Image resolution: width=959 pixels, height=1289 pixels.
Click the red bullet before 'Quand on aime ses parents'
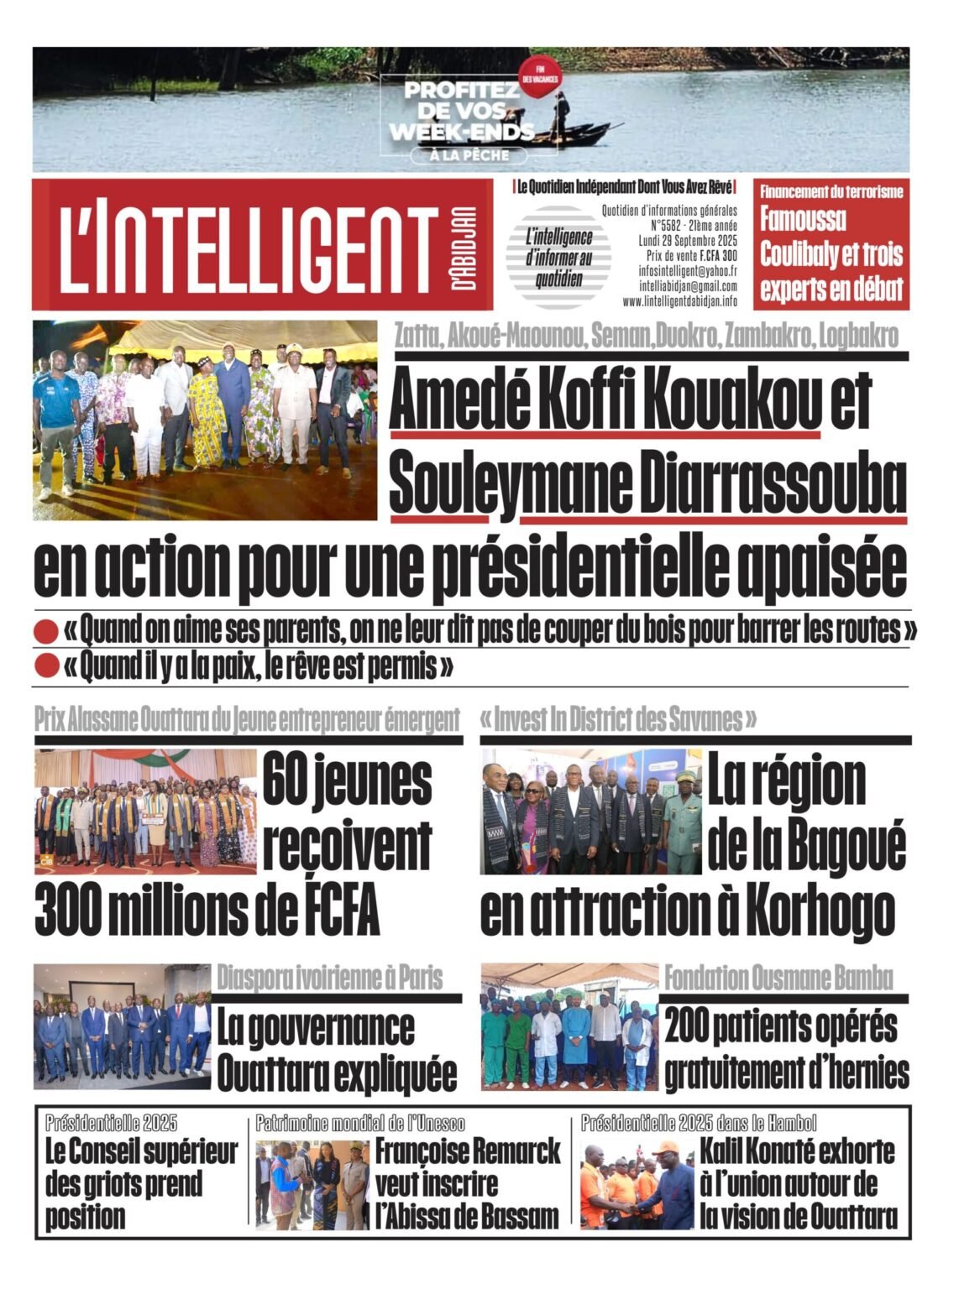45,631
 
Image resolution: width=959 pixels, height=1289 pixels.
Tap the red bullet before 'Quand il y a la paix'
45,667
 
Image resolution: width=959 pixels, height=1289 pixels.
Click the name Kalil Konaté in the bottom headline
769,1151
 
